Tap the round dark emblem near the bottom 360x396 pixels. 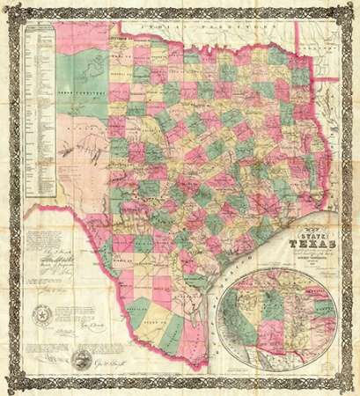(x=82, y=360)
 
